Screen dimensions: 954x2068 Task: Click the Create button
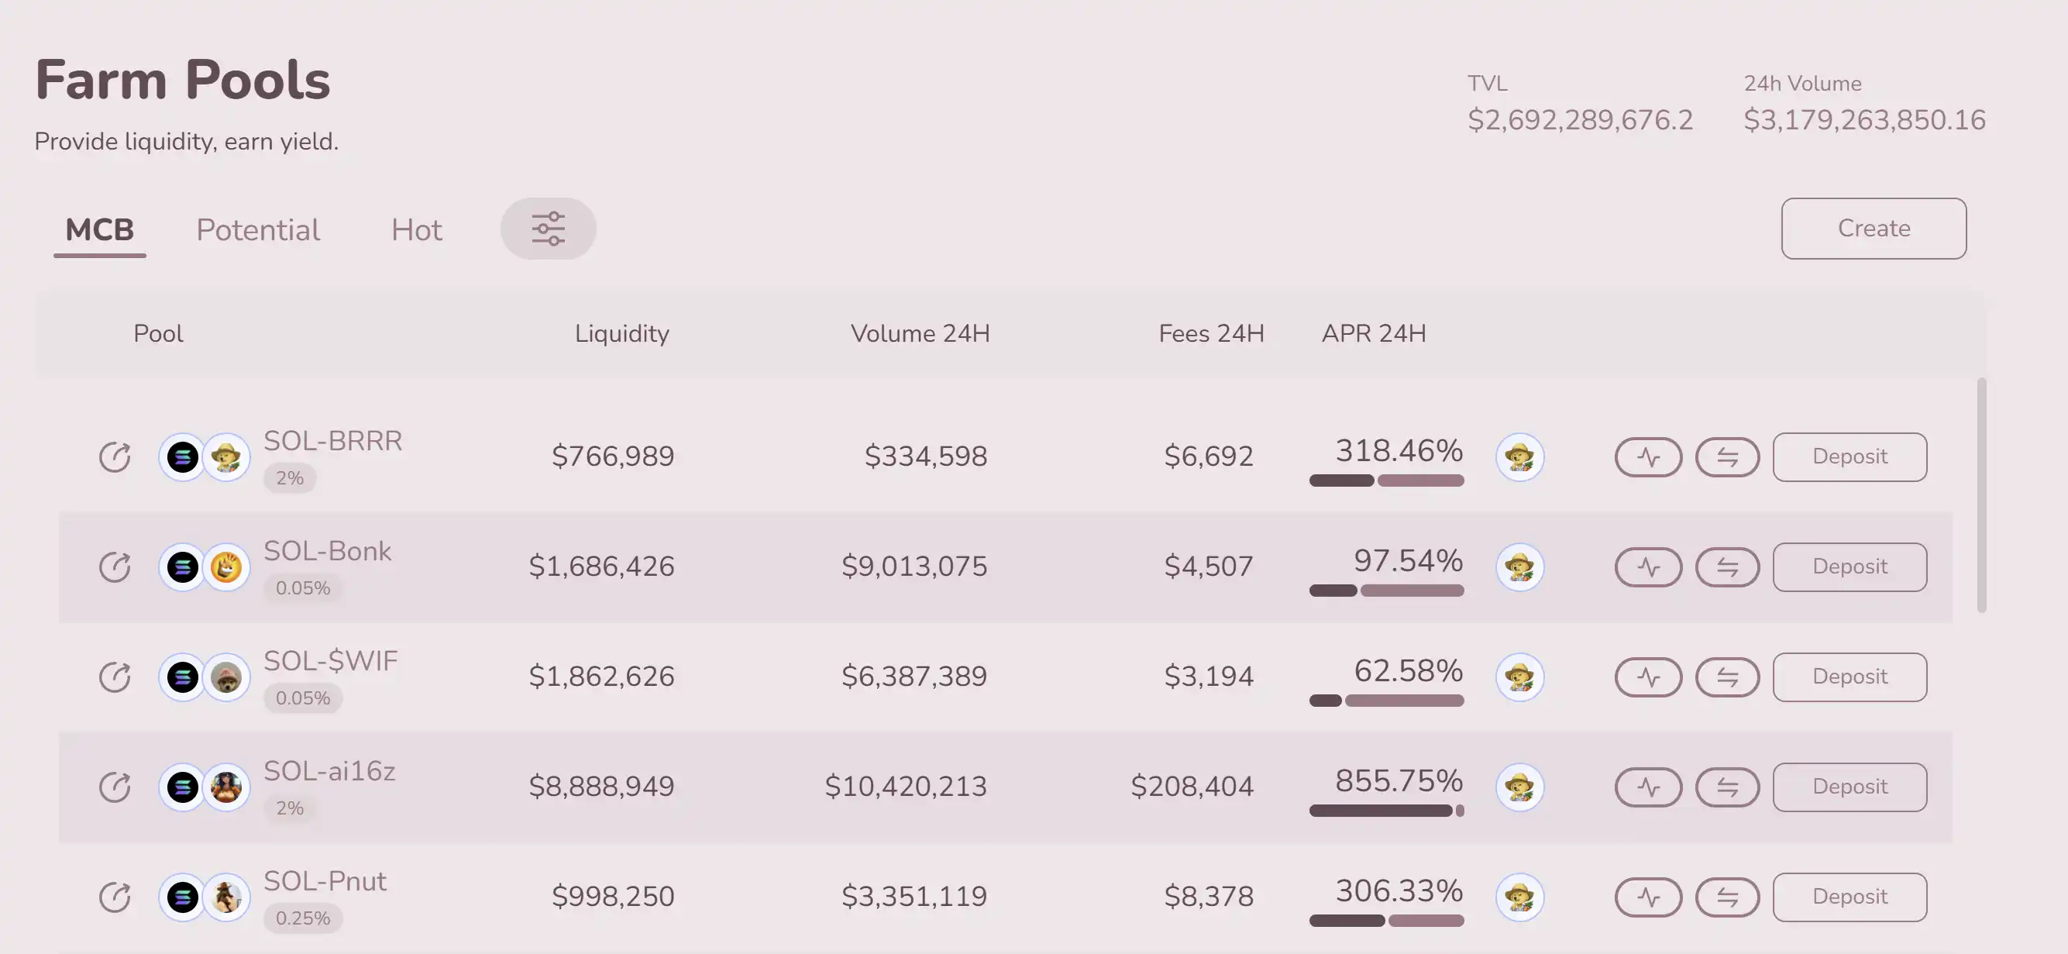[x=1873, y=229]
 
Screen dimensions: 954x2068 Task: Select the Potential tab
[x=258, y=230]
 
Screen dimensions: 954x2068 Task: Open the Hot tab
[x=416, y=230]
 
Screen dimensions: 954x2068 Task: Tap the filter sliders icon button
[x=549, y=229]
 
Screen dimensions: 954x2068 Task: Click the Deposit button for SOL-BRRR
[x=1849, y=457]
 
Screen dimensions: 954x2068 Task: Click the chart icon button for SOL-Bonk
[x=1648, y=567]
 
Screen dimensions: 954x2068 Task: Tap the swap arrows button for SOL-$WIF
[x=1727, y=677]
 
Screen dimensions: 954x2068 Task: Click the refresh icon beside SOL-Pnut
[x=115, y=896]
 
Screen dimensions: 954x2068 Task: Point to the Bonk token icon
[x=226, y=567]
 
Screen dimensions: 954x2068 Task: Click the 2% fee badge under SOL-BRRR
[x=289, y=479]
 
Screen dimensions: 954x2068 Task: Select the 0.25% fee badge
[x=303, y=918]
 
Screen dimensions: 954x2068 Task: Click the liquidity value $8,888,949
[x=601, y=786]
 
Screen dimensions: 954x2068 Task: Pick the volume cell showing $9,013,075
[x=914, y=567]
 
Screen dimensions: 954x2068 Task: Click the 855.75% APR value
[x=1399, y=780]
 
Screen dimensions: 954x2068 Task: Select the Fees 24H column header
[x=1210, y=333]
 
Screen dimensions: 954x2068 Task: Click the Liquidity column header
[x=621, y=333]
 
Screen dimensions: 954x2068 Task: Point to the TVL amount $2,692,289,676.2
[x=1579, y=120]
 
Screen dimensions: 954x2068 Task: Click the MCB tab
[x=99, y=230]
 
